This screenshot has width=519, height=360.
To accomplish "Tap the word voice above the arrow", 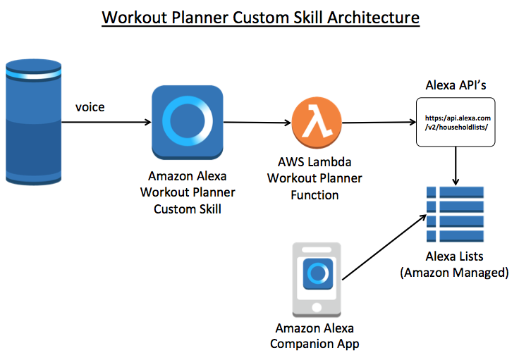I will (91, 108).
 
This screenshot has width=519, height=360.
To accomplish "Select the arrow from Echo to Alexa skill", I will (106, 123).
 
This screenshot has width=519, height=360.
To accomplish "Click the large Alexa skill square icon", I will (188, 122).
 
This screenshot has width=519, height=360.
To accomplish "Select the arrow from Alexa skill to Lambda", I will (257, 123).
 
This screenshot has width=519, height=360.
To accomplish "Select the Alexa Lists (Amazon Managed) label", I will (454, 264).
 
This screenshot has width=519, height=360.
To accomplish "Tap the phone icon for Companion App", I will (317, 279).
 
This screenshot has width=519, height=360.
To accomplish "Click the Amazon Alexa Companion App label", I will (315, 336).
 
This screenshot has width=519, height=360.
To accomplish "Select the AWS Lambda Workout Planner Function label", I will (315, 178).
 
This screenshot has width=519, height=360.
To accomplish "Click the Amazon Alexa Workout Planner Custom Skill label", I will (188, 192).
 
